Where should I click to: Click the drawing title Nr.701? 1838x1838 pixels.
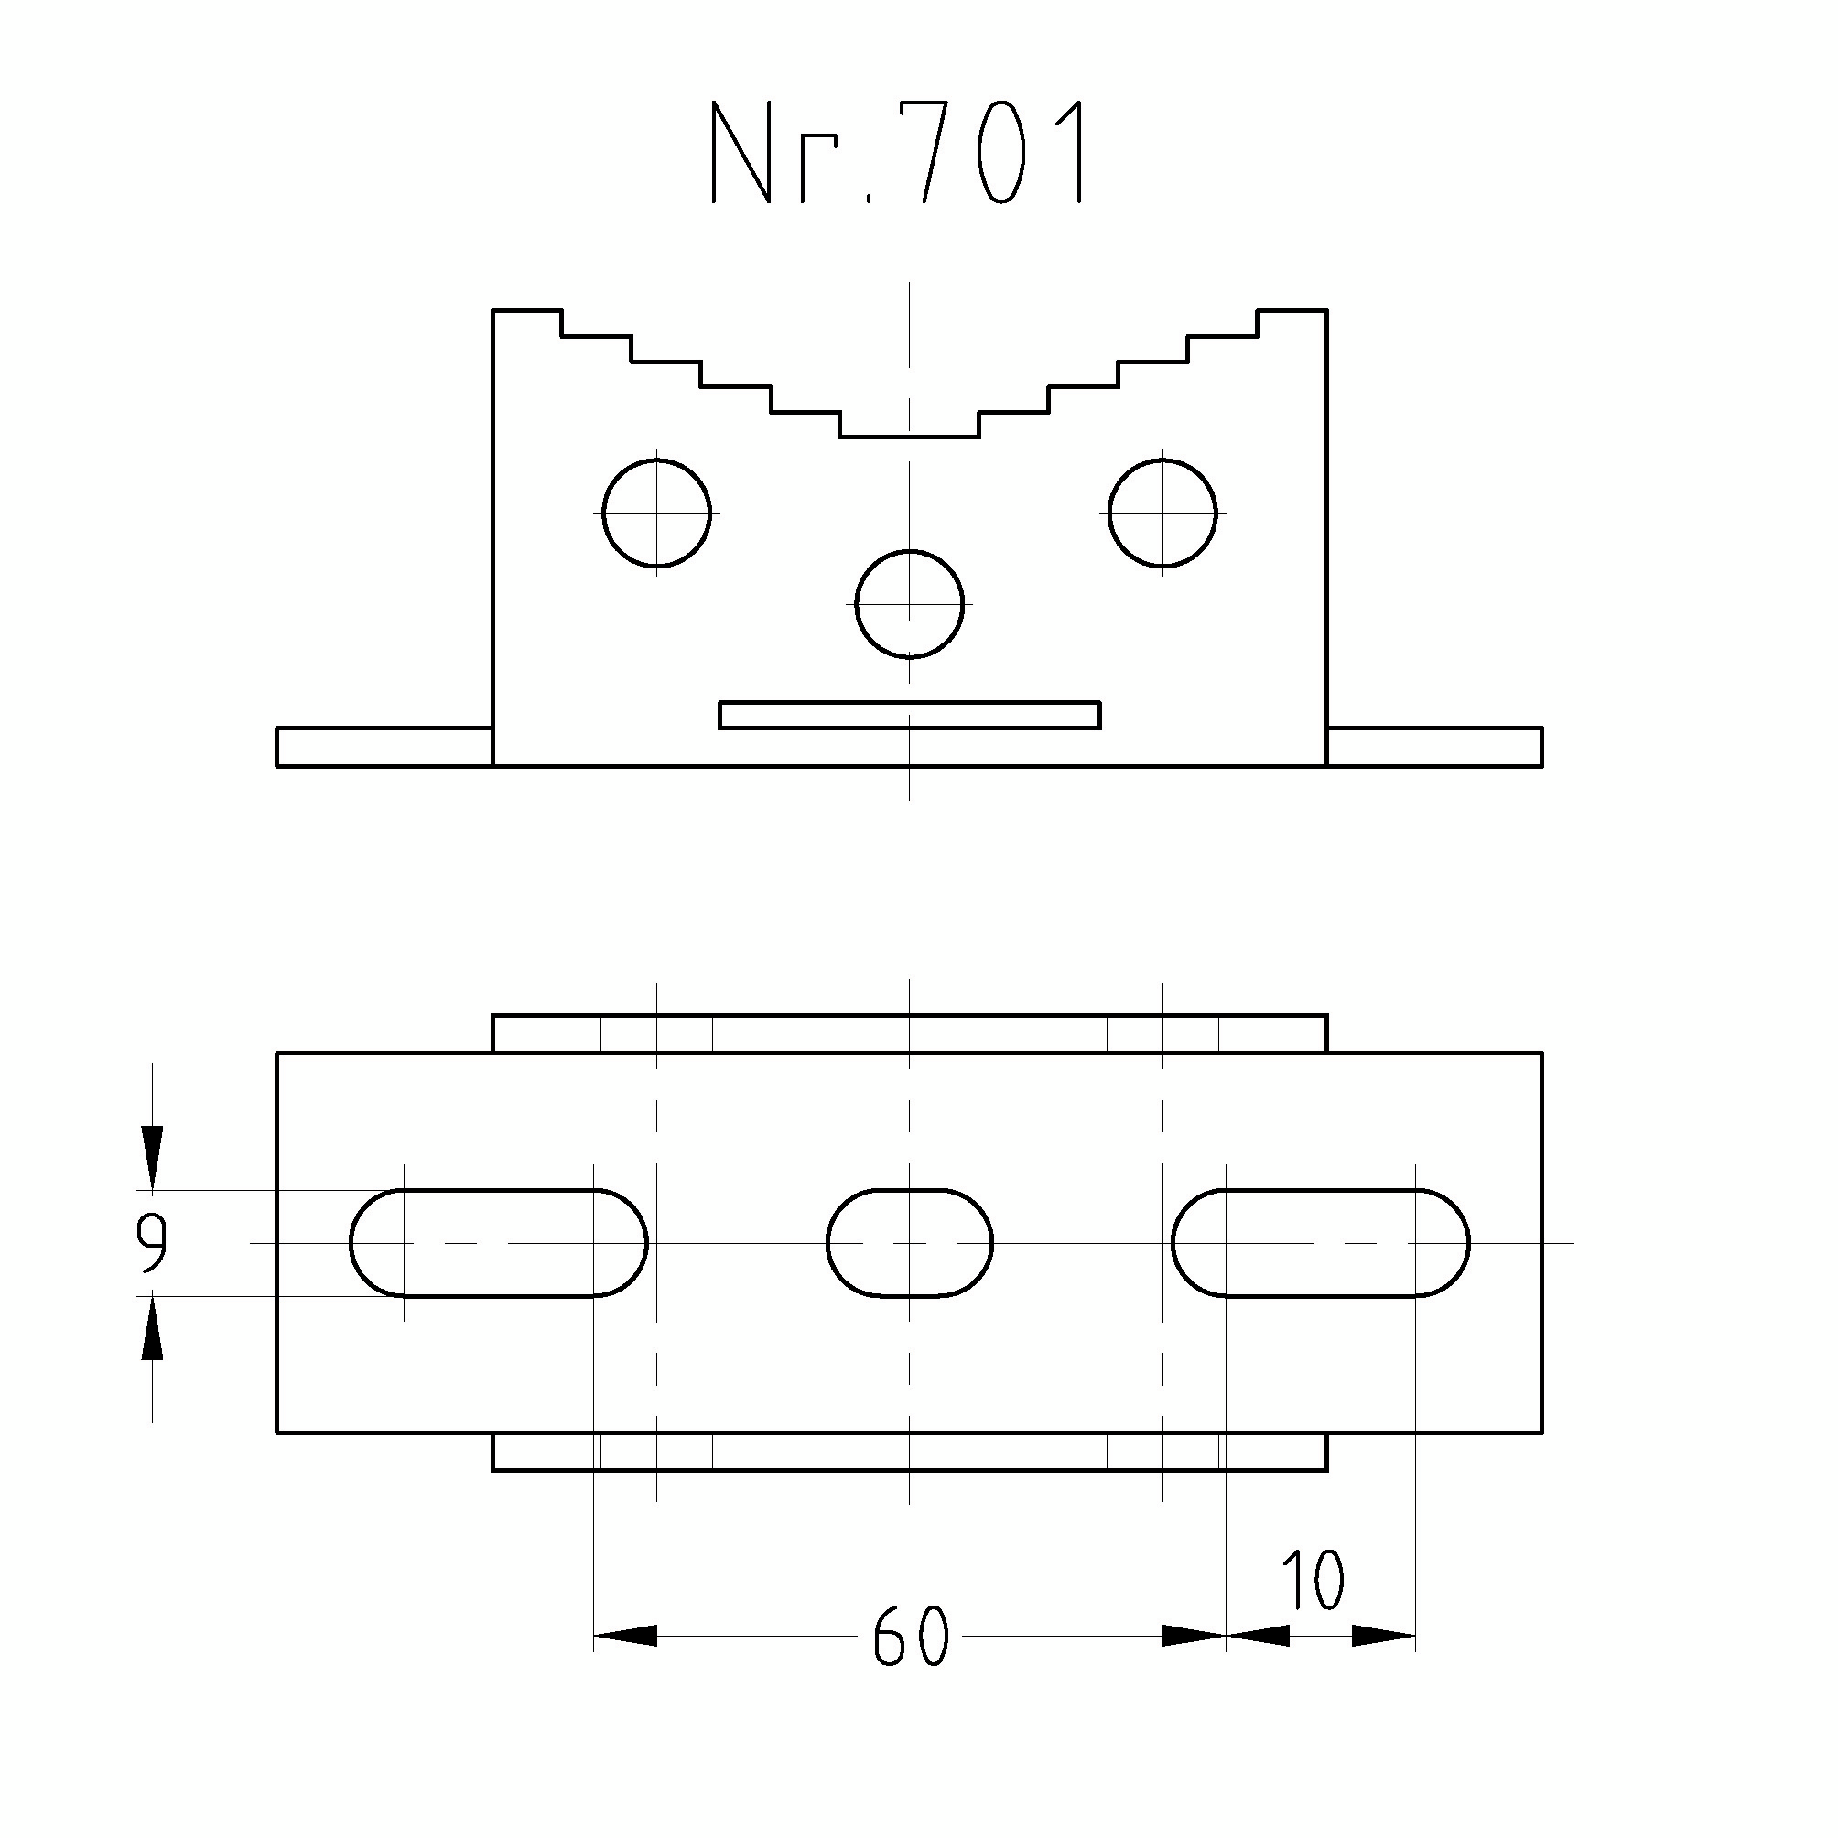coord(898,152)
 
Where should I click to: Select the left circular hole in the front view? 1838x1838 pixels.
coord(656,513)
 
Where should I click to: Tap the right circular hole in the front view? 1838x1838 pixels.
coord(1162,513)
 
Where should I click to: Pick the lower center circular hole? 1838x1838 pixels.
coord(910,604)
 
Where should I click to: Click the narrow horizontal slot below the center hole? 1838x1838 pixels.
coord(910,716)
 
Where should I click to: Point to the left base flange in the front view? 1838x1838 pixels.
coord(384,747)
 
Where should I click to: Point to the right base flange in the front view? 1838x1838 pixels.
coord(1434,747)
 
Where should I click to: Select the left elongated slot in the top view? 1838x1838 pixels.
coord(499,1242)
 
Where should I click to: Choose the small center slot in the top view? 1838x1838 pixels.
coord(910,1242)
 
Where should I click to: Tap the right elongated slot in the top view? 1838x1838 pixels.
coord(1321,1242)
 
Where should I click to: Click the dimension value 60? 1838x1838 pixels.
coord(911,1637)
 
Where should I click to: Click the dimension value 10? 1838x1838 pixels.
coord(1313,1580)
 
